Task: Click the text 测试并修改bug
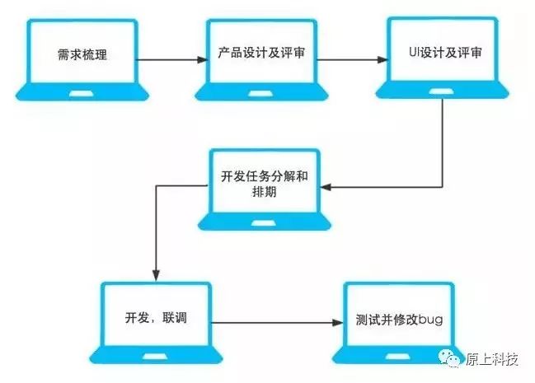click(x=400, y=319)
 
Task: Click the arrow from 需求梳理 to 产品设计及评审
click(x=169, y=59)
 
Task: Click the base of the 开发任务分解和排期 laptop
click(x=264, y=222)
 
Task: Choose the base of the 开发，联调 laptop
click(x=156, y=357)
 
